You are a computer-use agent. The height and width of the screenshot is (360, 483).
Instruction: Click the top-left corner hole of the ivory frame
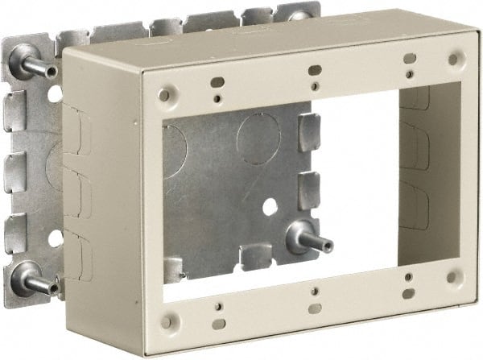164,94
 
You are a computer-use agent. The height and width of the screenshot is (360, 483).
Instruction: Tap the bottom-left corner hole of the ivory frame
166,322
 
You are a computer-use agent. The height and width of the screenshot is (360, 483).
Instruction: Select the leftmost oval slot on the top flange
216,81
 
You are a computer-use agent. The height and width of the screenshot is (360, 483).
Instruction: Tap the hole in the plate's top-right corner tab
300,13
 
